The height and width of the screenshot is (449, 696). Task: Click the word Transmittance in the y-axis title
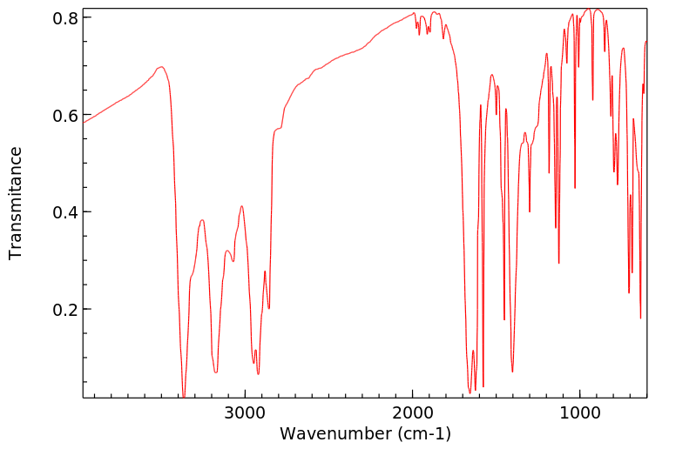(x=16, y=203)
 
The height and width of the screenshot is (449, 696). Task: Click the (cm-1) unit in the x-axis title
(x=424, y=432)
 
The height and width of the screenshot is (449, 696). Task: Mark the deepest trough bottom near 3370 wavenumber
(x=184, y=397)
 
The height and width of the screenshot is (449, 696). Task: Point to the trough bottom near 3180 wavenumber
(x=216, y=372)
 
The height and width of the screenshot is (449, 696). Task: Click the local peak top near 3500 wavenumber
(x=161, y=67)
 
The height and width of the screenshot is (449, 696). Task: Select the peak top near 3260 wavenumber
(x=202, y=220)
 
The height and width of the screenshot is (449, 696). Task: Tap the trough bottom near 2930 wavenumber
(x=258, y=374)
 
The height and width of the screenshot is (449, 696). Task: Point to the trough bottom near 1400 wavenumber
(x=512, y=372)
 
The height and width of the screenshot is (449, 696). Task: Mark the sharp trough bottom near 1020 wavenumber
(x=575, y=188)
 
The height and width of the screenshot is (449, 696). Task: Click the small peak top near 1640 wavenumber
(x=473, y=351)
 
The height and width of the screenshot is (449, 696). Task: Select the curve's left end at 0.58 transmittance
(x=84, y=123)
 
